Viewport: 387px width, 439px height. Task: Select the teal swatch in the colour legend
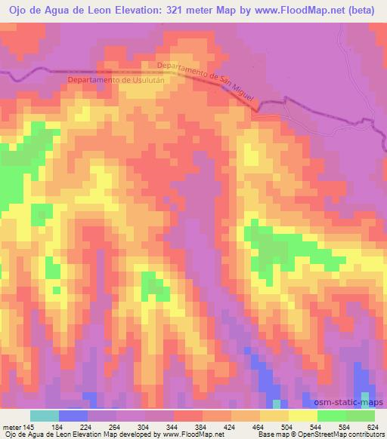[45, 416]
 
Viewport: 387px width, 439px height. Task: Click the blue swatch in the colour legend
[73, 416]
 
